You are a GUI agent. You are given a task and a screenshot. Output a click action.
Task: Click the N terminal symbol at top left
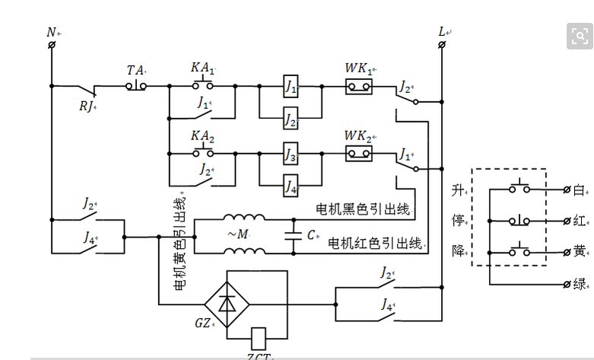[x=51, y=46]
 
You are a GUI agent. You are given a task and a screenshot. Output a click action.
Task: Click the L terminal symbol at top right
[x=442, y=46]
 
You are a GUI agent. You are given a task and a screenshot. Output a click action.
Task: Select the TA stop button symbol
[x=137, y=85]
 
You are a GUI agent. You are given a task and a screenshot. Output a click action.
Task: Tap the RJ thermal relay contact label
[x=87, y=106]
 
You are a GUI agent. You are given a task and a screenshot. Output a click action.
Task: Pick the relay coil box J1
[x=291, y=85]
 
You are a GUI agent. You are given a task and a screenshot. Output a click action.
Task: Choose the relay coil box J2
[x=291, y=119]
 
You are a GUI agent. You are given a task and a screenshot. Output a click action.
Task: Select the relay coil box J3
[x=291, y=153]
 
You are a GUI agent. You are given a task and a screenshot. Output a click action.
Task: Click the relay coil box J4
[x=291, y=185]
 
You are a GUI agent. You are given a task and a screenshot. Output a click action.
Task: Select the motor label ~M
[x=237, y=234]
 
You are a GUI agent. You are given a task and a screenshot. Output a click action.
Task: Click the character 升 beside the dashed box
[x=457, y=188]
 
